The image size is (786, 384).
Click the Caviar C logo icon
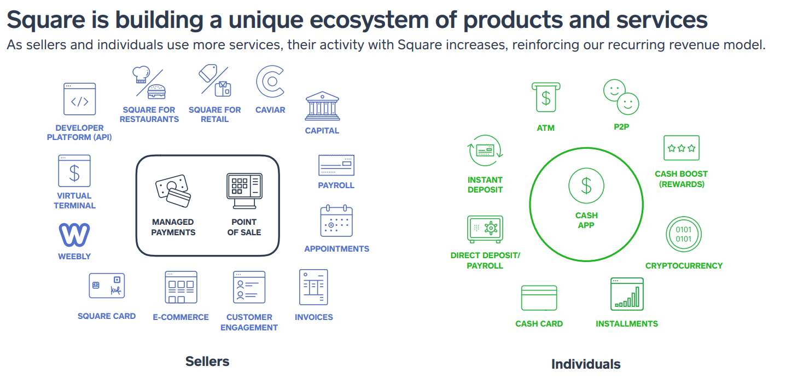point(270,82)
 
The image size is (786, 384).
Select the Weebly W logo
point(74,235)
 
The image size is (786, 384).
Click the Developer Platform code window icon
point(79,99)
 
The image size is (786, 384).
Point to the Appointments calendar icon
point(336,221)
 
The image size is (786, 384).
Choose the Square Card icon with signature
point(107,286)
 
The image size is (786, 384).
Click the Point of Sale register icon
point(244,191)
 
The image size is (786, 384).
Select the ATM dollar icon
point(545,98)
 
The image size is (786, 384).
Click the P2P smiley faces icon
point(621,97)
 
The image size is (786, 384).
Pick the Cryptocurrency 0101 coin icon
point(683,234)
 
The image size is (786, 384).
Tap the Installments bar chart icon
point(627,294)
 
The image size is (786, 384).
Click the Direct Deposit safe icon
point(485,229)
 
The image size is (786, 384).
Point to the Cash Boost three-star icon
point(681,148)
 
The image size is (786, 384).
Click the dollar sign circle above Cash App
point(586,186)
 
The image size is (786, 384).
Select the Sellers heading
point(207,361)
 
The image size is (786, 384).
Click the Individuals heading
point(586,364)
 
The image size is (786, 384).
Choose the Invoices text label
point(313,317)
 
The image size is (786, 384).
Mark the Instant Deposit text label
point(485,185)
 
